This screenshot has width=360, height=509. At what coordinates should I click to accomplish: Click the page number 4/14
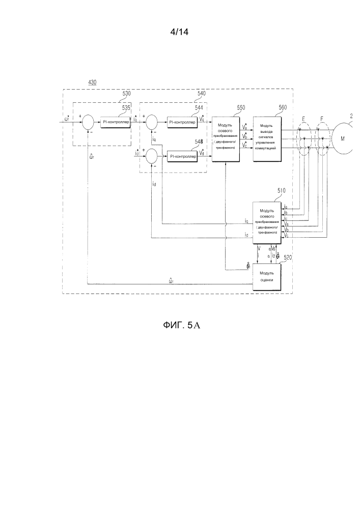pyautogui.click(x=180, y=32)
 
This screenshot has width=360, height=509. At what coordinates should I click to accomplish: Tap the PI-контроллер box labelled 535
pyautogui.click(x=115, y=122)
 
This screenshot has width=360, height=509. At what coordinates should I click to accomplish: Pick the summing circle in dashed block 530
pyautogui.click(x=88, y=122)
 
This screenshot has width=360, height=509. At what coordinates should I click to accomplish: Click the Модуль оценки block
pyautogui.click(x=267, y=277)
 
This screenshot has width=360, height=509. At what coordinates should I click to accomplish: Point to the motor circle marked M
pyautogui.click(x=344, y=137)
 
